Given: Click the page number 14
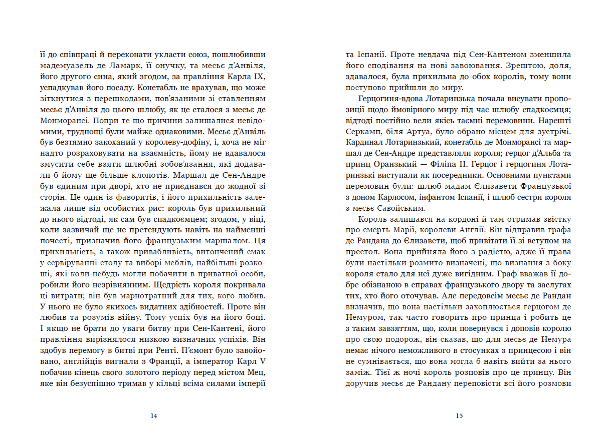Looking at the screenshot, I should pos(154,415).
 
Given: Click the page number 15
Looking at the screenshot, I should pos(459,415).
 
